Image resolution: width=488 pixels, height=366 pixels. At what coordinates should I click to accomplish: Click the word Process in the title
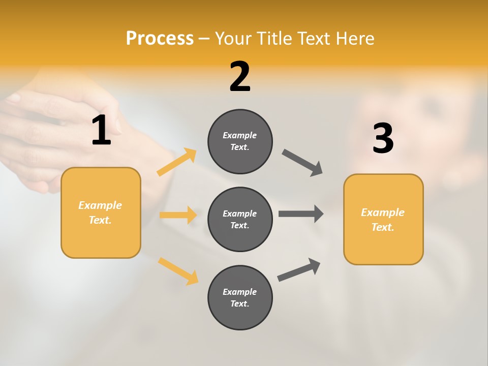pyautogui.click(x=160, y=39)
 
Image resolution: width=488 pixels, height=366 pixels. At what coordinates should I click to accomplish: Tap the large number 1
pyautogui.click(x=101, y=131)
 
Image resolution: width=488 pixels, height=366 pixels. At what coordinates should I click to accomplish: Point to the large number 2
pyautogui.click(x=240, y=77)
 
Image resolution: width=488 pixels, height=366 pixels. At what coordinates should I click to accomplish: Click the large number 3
pyautogui.click(x=383, y=138)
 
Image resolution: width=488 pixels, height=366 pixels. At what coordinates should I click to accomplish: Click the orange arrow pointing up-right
pyautogui.click(x=177, y=162)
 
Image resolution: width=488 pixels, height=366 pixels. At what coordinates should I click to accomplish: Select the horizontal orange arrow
pyautogui.click(x=178, y=215)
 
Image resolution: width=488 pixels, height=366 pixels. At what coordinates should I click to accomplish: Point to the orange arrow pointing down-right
pyautogui.click(x=178, y=271)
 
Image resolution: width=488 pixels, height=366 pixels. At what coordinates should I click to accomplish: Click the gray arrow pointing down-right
pyautogui.click(x=302, y=163)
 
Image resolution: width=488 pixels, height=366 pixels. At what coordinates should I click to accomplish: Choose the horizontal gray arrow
pyautogui.click(x=301, y=214)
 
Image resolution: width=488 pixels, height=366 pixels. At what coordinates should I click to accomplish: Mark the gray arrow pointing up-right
pyautogui.click(x=299, y=269)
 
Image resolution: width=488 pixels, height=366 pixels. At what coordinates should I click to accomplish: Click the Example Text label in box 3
pyautogui.click(x=383, y=220)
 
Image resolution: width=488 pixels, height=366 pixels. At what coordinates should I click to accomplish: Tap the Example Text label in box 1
pyautogui.click(x=100, y=212)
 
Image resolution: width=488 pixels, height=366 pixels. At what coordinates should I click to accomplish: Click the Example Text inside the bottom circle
pyautogui.click(x=240, y=297)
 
